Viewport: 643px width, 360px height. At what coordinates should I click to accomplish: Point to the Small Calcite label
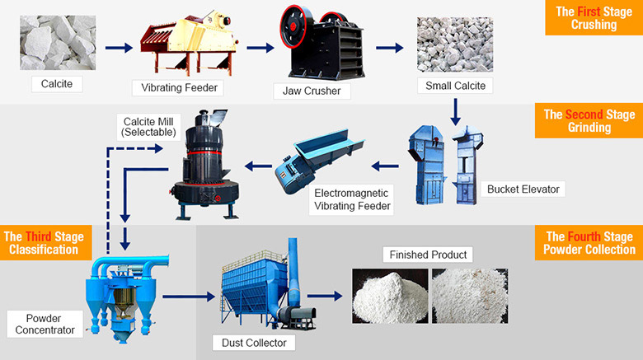455,85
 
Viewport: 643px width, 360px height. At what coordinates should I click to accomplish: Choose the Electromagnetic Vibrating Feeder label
352,199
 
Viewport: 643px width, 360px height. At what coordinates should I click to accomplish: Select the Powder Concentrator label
45,324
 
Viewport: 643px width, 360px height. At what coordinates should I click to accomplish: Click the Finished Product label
428,255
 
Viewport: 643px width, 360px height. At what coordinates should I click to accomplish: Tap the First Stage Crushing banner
594,18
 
